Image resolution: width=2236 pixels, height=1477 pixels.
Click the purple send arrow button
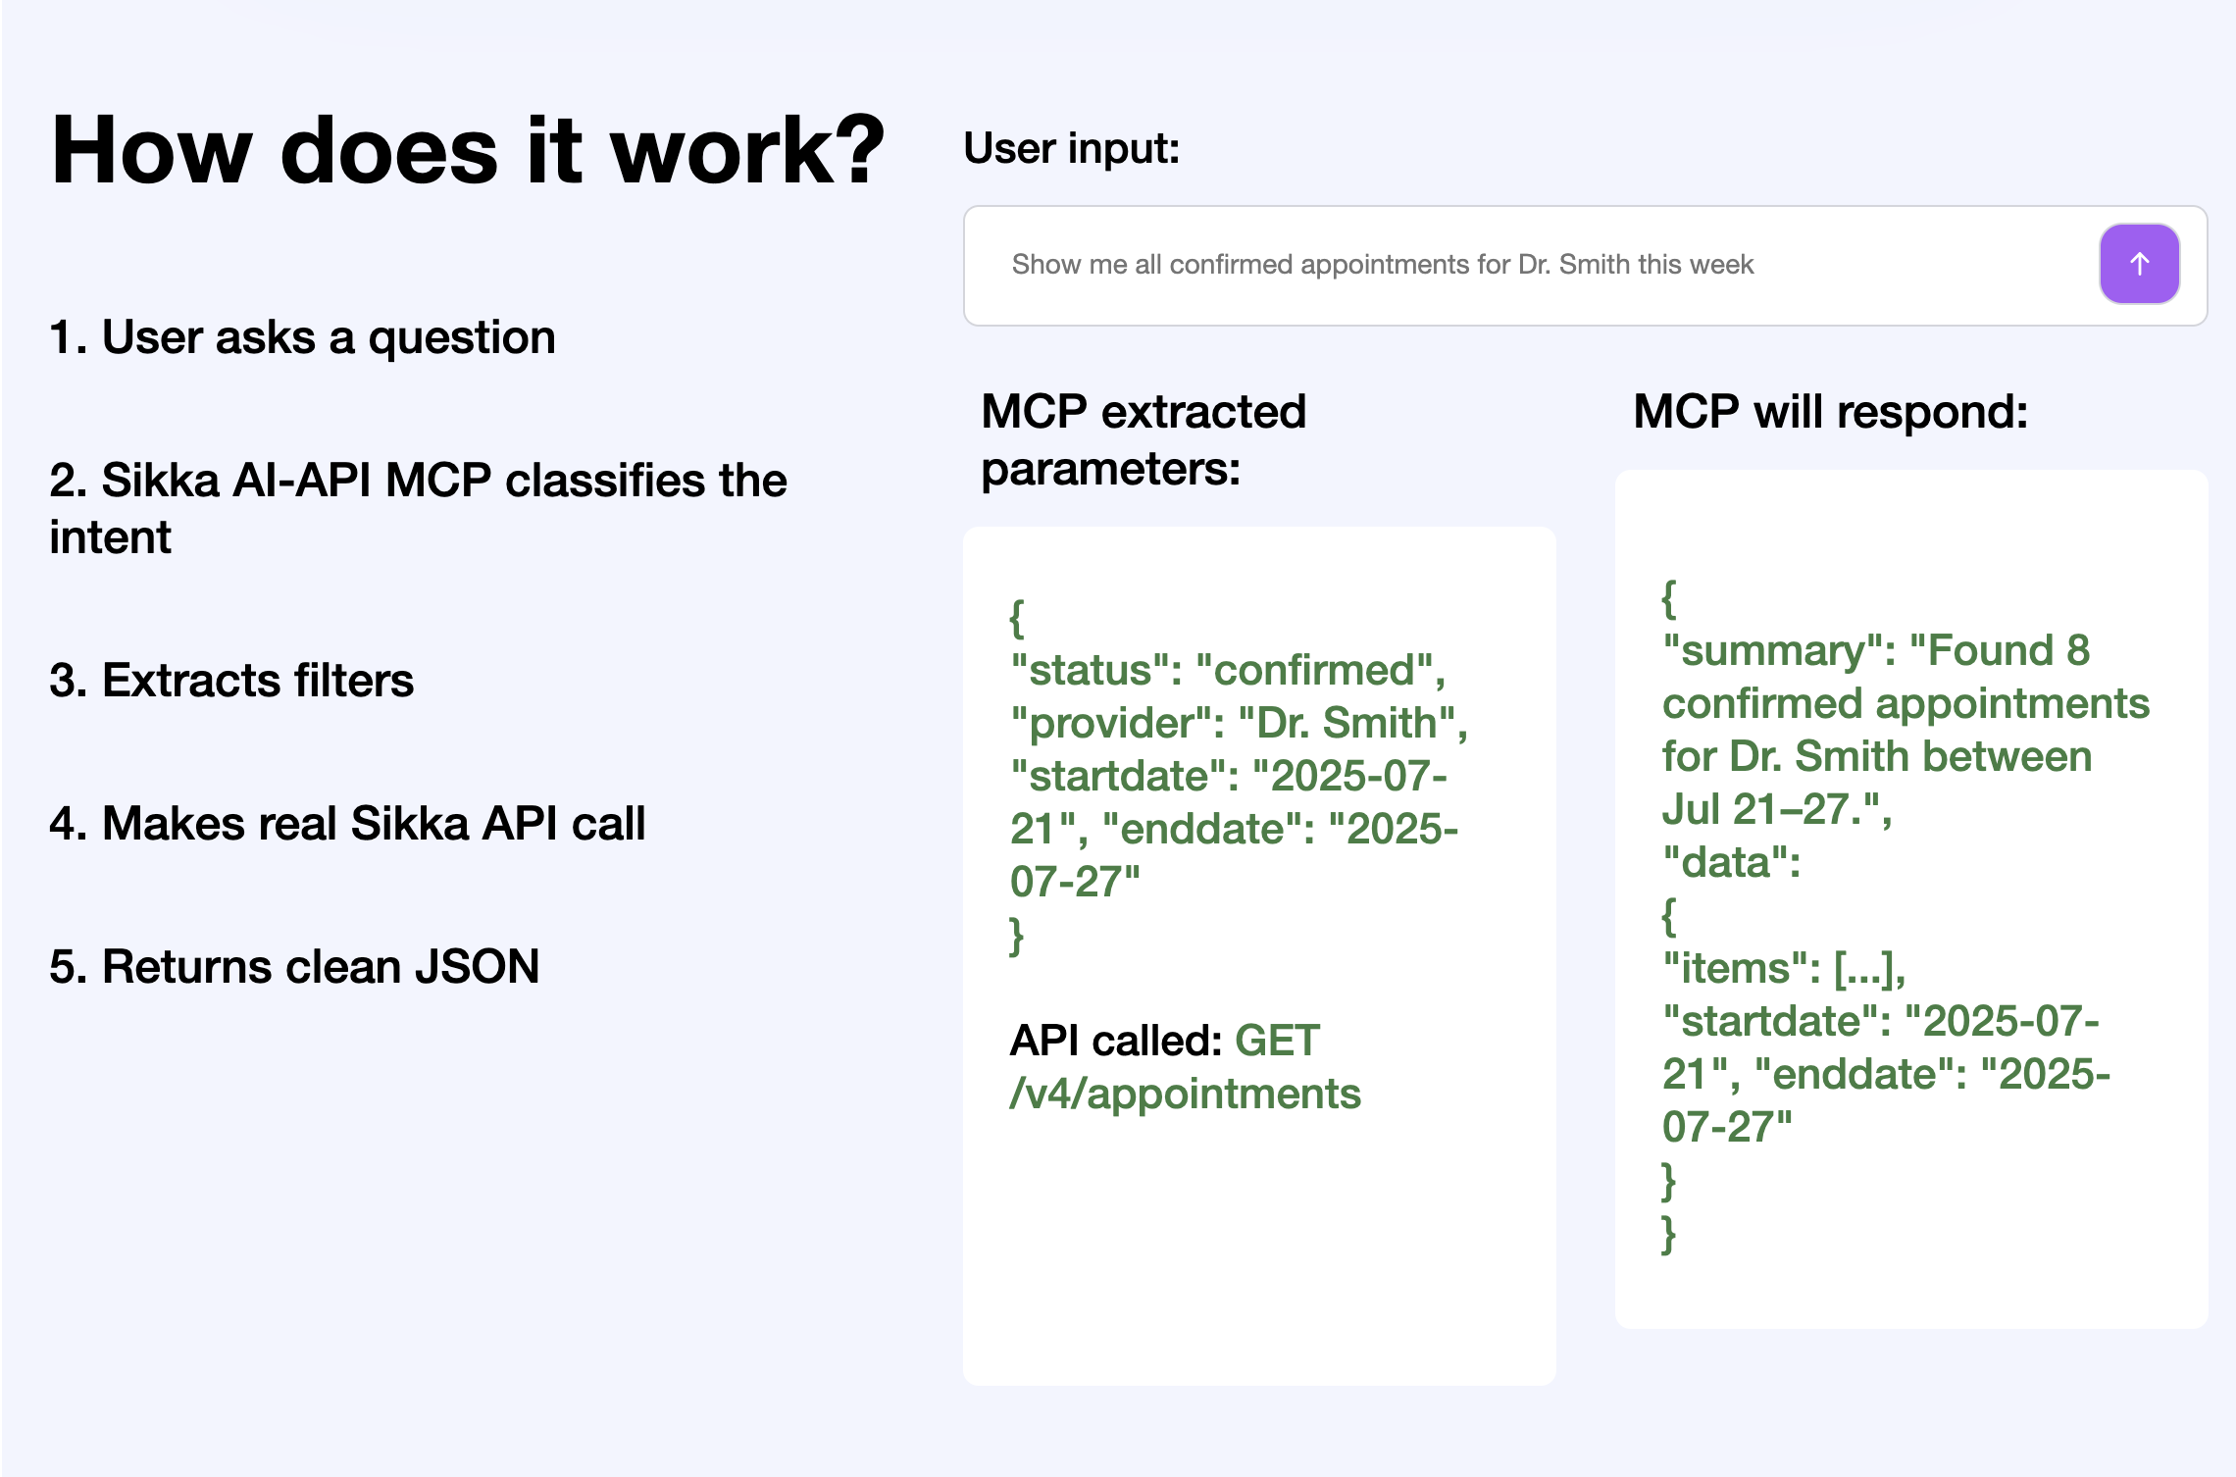point(2139,264)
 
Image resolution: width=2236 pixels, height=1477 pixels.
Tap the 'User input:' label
point(1072,148)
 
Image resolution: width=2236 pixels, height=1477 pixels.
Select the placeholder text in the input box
point(1382,265)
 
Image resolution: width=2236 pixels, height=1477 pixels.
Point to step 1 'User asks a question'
point(302,337)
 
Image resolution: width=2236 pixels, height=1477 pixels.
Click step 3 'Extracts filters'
point(231,680)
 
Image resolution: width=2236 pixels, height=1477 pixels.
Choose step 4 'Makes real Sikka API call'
point(347,823)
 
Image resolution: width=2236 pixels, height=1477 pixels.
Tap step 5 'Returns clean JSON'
point(294,966)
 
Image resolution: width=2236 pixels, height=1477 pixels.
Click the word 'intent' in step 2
point(110,536)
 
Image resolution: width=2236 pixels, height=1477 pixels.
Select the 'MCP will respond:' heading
point(1830,411)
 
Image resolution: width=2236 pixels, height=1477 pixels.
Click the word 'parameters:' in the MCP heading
point(1110,469)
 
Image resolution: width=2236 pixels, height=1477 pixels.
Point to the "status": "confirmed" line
point(1228,670)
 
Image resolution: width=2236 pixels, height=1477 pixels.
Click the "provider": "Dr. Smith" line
point(1239,723)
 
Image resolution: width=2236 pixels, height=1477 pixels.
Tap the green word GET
point(1277,1041)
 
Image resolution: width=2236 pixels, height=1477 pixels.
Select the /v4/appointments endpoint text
point(1185,1094)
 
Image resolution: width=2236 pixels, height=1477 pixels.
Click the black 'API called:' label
point(1116,1041)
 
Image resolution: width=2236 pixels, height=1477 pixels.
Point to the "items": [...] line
point(1784,968)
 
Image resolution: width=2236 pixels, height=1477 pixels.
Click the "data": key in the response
point(1731,862)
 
